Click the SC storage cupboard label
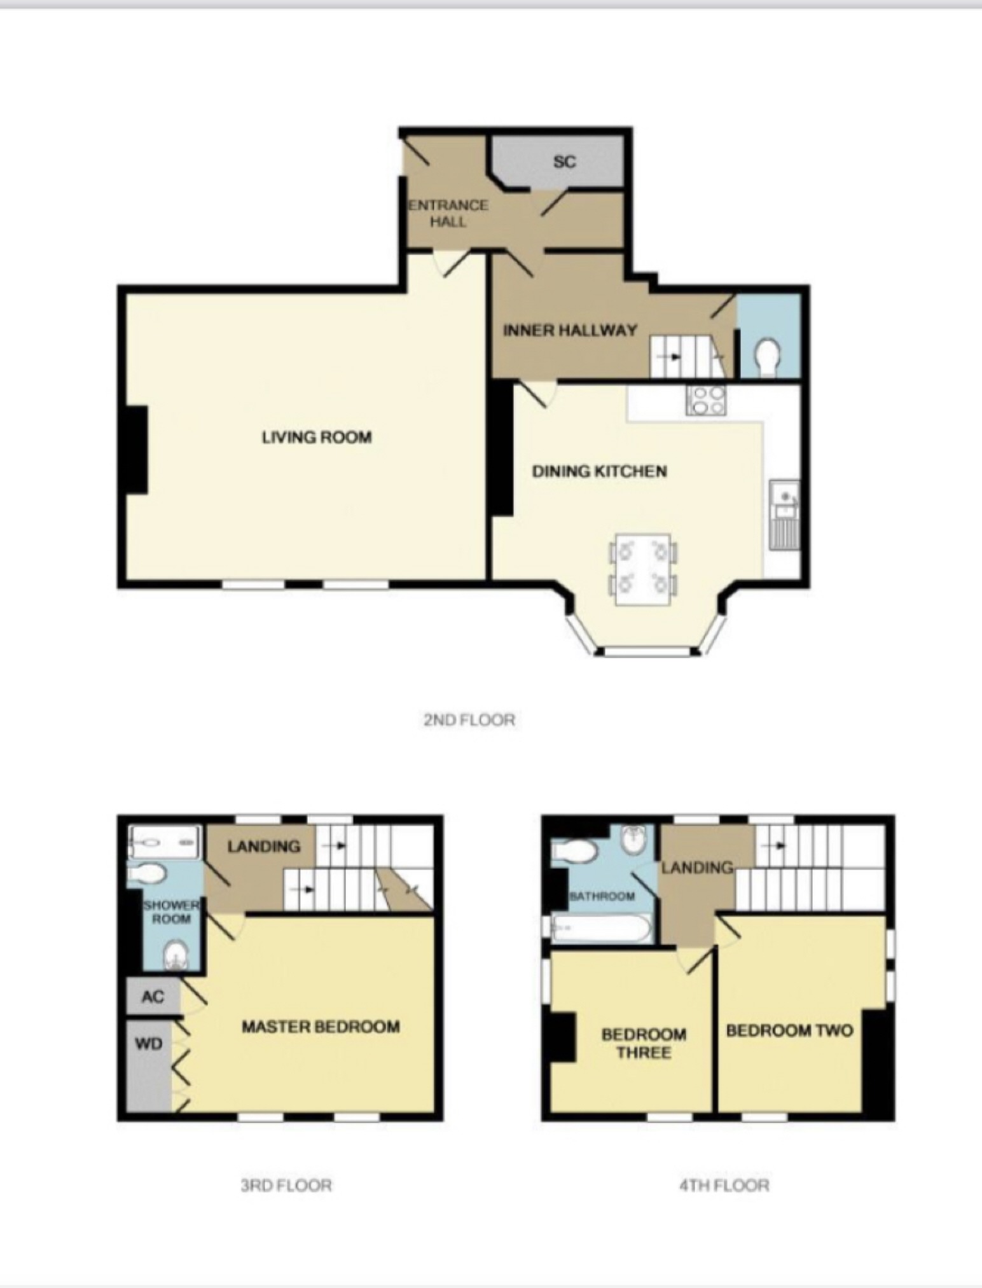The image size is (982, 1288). [x=564, y=162]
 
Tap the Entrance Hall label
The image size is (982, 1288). [x=448, y=214]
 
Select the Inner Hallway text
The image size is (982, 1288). [x=570, y=330]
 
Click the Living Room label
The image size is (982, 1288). [x=317, y=438]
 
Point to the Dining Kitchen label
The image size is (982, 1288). [x=599, y=471]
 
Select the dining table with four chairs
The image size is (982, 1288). [x=643, y=569]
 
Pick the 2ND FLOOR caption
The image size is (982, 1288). [x=469, y=720]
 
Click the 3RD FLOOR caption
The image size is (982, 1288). [x=286, y=1185]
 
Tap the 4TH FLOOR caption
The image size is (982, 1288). [x=724, y=1185]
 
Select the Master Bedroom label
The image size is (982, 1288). [x=321, y=1027]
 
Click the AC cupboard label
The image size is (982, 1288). [x=153, y=997]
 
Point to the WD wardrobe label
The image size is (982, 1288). [x=149, y=1044]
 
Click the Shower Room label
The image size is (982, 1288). [x=171, y=912]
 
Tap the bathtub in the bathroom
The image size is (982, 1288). [x=601, y=930]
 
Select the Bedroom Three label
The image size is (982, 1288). [x=644, y=1043]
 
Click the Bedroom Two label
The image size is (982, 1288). [x=789, y=1030]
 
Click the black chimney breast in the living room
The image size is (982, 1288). [x=136, y=449]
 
